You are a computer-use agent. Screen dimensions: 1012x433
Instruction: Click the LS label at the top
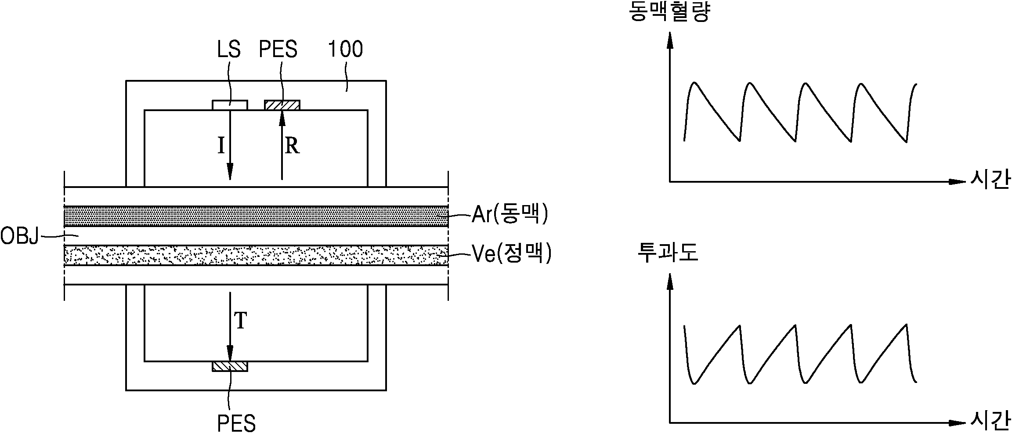point(229,49)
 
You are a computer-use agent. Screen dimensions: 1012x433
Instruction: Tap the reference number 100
point(346,49)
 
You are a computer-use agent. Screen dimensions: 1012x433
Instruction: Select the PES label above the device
point(278,49)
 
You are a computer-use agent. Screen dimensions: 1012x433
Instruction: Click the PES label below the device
point(236,423)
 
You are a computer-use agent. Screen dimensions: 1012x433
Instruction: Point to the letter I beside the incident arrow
point(221,145)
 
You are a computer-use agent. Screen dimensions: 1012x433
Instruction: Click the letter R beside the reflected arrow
point(292,145)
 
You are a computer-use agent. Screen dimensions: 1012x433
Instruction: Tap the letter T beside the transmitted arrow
point(241,321)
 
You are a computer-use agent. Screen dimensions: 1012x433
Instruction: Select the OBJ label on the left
point(20,237)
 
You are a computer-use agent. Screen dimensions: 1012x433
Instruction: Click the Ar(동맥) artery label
point(510,215)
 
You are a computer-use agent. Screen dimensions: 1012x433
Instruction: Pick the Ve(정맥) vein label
point(511,253)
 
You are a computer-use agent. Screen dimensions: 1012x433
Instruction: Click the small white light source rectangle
point(230,105)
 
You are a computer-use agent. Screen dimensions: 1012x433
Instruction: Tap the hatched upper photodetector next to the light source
point(282,105)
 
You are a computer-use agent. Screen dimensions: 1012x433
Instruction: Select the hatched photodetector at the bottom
point(230,366)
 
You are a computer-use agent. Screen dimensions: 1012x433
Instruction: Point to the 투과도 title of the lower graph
point(668,254)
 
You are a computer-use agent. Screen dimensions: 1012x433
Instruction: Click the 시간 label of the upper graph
point(990,181)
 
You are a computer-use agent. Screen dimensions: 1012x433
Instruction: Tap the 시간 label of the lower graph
point(990,423)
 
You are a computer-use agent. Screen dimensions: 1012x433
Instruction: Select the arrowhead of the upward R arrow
point(282,119)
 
